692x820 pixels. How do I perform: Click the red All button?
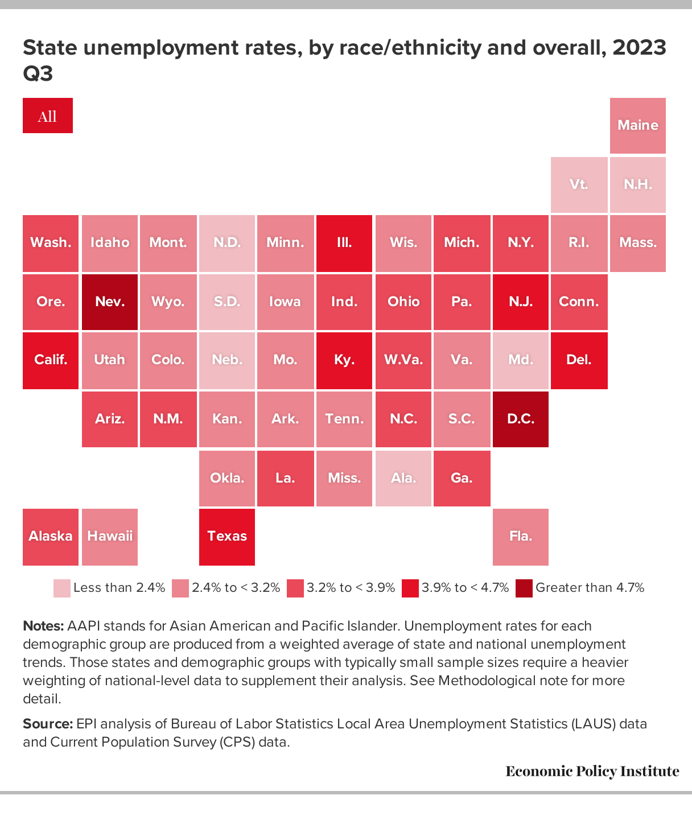coord(48,116)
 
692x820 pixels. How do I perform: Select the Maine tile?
coord(637,126)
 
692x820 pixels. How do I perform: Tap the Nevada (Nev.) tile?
coord(110,302)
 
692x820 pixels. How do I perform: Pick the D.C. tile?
coord(520,419)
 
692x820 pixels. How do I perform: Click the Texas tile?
coord(227,537)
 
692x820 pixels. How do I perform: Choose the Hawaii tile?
coord(110,537)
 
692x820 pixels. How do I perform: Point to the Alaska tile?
coord(51,537)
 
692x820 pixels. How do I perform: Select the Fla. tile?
coord(520,537)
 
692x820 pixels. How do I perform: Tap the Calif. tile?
coord(51,361)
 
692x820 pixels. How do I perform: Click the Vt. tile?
coord(579,184)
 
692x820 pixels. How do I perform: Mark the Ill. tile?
coord(344,243)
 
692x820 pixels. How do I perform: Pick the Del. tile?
coord(579,361)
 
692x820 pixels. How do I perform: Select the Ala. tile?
coord(403,479)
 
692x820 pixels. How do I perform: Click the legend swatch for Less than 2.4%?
coord(62,588)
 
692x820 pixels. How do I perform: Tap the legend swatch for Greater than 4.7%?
coord(524,588)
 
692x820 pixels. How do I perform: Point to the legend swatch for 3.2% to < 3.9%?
coord(295,588)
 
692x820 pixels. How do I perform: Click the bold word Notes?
coord(43,625)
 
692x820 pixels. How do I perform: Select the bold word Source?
coord(48,723)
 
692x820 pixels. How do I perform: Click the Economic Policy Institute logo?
coord(592,771)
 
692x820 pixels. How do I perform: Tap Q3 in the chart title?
coord(38,73)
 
